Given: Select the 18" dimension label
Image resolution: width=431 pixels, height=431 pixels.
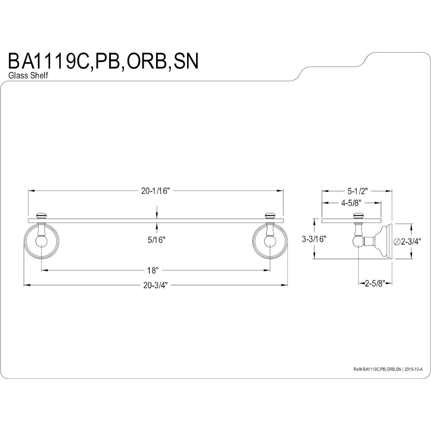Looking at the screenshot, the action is point(153,270).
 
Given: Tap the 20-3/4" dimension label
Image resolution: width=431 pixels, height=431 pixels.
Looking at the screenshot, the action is point(155,285).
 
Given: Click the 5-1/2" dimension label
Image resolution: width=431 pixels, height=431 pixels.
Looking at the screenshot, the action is point(358,191).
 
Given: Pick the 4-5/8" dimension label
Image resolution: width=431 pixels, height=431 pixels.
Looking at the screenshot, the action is point(351,203).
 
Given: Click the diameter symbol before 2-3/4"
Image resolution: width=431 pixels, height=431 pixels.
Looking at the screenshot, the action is point(397,242).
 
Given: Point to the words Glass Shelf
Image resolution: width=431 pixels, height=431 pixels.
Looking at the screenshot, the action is point(28,76).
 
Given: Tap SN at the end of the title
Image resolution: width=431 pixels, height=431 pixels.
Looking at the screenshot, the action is point(186,61).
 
